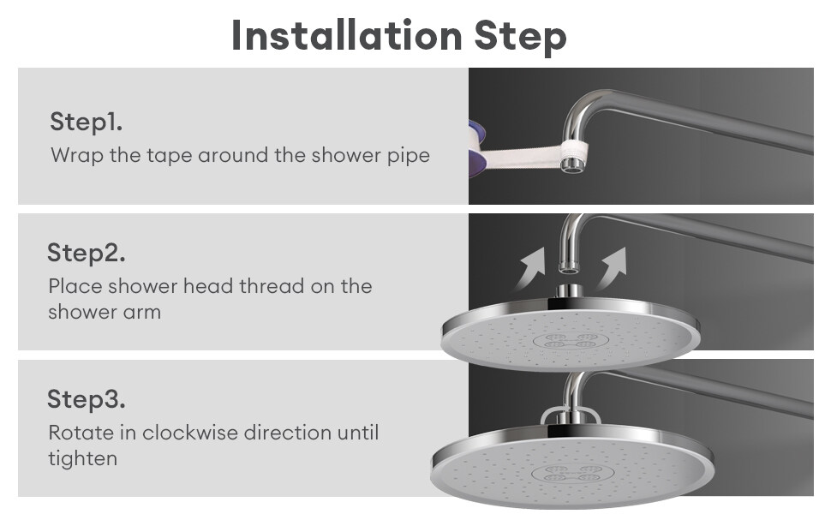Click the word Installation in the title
coord(347,36)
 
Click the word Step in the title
coord(520,37)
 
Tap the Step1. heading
coord(87,122)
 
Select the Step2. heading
coord(87,253)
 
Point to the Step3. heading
coord(87,399)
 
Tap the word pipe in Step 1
coord(409,156)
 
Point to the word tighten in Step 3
coord(83,458)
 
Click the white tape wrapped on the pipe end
coord(572,150)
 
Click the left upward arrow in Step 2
coord(530,268)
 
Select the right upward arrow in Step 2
coord(612,268)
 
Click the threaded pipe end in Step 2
coord(570,266)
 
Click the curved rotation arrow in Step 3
coord(571,409)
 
